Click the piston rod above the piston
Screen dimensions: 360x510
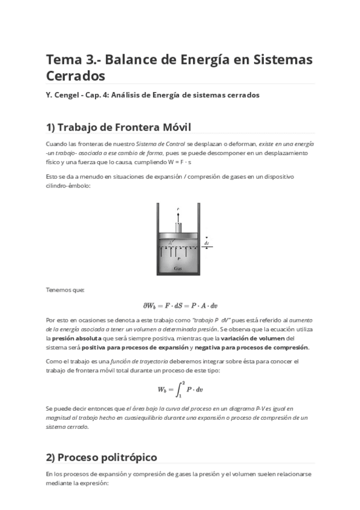point(178,228)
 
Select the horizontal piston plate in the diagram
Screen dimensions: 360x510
point(178,236)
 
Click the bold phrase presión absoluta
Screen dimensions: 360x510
point(76,339)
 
